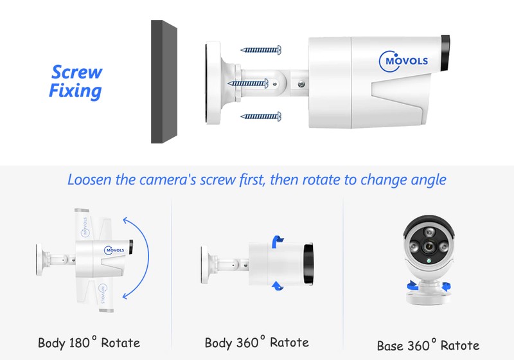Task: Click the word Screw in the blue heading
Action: (x=76, y=72)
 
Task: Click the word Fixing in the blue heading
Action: (x=75, y=91)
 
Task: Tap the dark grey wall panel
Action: (x=164, y=82)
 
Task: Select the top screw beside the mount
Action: (x=261, y=50)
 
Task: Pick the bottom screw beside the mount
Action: (x=261, y=116)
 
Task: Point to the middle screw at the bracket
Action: (x=248, y=84)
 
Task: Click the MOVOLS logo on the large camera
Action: (x=403, y=61)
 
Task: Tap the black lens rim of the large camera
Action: (x=445, y=53)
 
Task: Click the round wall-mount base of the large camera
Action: (x=213, y=83)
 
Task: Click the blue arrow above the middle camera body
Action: (x=278, y=241)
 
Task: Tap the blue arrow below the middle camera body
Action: (x=278, y=285)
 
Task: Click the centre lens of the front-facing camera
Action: (x=428, y=246)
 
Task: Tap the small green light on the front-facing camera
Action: (x=429, y=261)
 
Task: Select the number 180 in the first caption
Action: (x=79, y=343)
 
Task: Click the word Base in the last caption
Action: (x=390, y=346)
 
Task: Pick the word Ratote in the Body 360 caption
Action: (x=289, y=343)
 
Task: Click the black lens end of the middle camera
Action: (x=308, y=264)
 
